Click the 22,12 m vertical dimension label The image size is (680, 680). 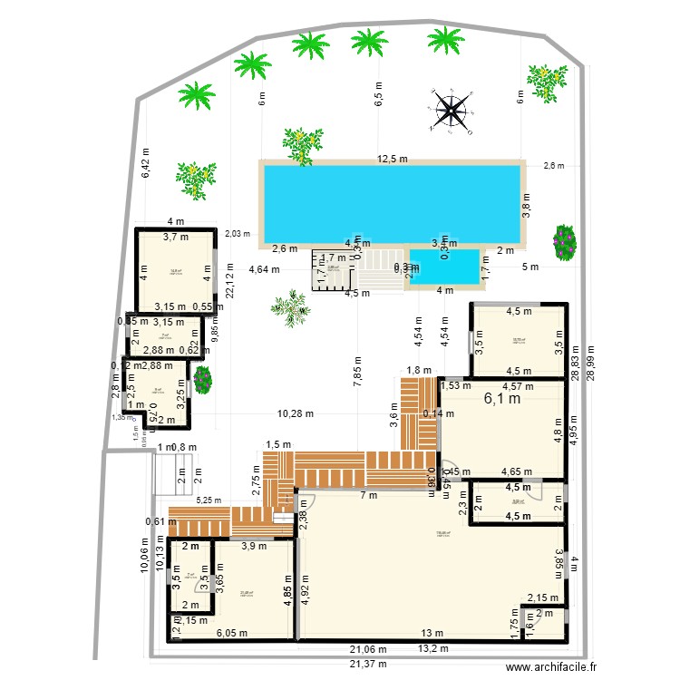(229, 281)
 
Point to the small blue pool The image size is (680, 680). (444, 266)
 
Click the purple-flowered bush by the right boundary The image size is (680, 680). (565, 242)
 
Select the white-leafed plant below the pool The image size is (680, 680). (290, 306)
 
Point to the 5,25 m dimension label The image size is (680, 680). (210, 499)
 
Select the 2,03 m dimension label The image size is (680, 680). (238, 233)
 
